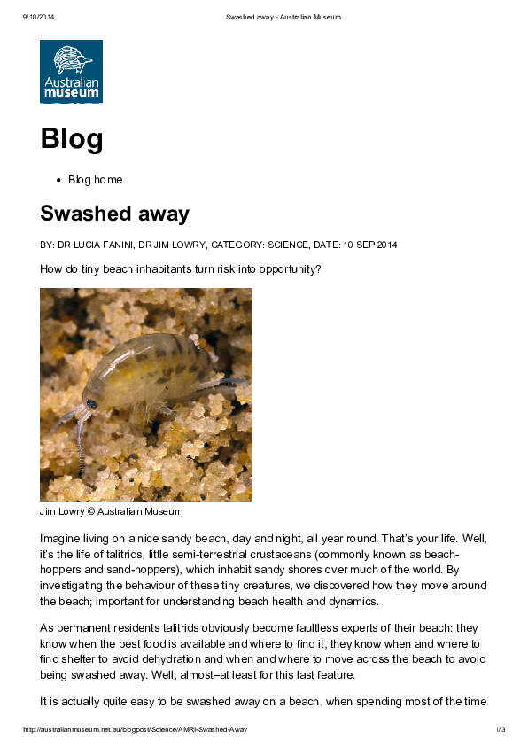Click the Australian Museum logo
(x=71, y=71)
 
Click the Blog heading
(x=71, y=139)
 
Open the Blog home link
(x=95, y=180)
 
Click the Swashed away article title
(x=114, y=214)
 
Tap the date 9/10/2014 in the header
(x=35, y=17)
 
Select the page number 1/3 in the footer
(x=500, y=729)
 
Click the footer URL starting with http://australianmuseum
(x=135, y=729)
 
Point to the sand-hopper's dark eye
(x=91, y=403)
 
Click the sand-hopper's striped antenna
(x=79, y=443)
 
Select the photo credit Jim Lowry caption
(x=111, y=511)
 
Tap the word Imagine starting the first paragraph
(x=62, y=538)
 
